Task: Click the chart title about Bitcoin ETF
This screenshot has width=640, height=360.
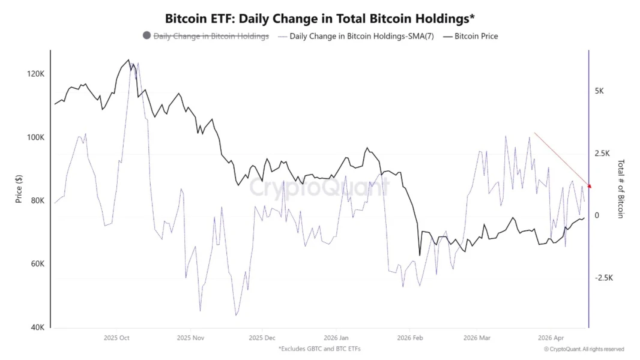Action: [x=320, y=18]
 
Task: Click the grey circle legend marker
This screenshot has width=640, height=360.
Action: [x=146, y=36]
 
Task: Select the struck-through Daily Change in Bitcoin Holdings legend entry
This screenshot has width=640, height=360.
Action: [x=211, y=36]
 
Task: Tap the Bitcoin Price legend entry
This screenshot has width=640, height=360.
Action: [x=476, y=36]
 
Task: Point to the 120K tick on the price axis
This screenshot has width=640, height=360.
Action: [x=36, y=74]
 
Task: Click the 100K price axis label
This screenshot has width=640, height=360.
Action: [x=36, y=137]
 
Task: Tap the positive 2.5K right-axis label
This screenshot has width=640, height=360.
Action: [x=603, y=153]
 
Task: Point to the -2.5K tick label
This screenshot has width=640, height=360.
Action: [x=604, y=278]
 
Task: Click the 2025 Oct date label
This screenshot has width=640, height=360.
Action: [x=116, y=338]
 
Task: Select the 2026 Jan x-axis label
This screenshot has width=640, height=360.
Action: [x=336, y=338]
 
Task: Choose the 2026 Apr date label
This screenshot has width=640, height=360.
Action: [x=551, y=338]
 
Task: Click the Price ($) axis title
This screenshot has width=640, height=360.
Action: [x=19, y=188]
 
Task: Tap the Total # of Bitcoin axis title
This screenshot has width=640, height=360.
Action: [x=621, y=188]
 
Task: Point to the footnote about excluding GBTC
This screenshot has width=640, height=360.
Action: [x=319, y=349]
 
